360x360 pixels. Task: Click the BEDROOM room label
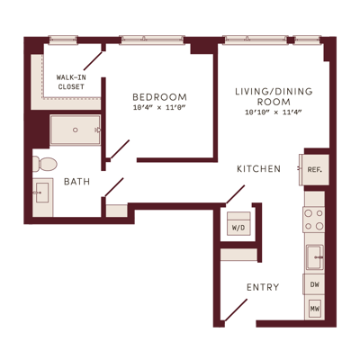pos(159,97)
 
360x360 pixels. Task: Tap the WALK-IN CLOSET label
pos(71,82)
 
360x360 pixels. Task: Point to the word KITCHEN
pos(258,169)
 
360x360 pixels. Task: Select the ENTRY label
pos(263,287)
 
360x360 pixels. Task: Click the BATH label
pos(77,182)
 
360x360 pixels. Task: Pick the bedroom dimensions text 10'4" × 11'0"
pos(159,107)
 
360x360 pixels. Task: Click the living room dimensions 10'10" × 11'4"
pos(274,112)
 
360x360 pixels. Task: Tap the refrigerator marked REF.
pos(314,170)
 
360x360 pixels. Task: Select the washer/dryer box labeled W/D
pos(238,223)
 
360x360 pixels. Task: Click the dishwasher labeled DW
pos(314,284)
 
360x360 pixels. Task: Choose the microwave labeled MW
pos(315,308)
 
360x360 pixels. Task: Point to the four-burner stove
pos(314,220)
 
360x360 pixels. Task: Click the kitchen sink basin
pos(315,257)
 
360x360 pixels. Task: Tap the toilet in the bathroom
pos(44,164)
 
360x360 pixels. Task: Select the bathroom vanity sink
pos(41,193)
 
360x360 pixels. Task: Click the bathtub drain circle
pos(76,130)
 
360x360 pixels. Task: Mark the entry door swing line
pos(236,310)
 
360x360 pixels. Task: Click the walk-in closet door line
pos(93,61)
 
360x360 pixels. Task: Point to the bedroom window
pos(152,40)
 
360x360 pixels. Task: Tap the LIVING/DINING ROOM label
pos(274,96)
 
